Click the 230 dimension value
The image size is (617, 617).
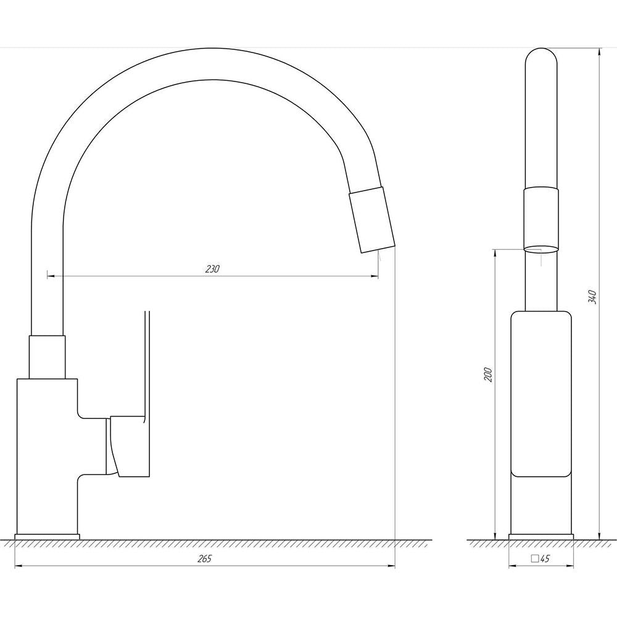(212, 269)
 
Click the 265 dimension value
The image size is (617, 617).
(204, 559)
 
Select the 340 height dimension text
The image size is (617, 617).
(592, 297)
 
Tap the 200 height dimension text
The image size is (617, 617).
(488, 375)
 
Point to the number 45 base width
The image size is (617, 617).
(545, 559)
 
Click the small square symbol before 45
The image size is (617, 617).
(535, 559)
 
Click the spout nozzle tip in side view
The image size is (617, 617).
(372, 220)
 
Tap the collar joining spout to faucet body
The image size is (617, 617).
(47, 357)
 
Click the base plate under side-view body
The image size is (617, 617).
(48, 537)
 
